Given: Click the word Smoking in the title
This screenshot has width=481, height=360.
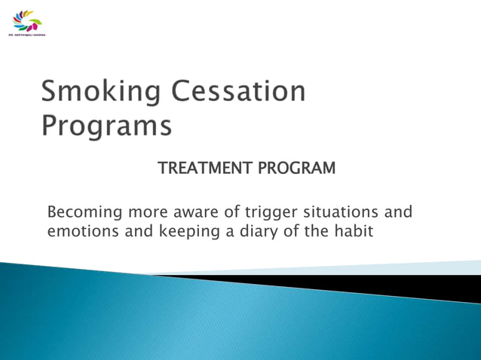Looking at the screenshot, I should click(101, 93).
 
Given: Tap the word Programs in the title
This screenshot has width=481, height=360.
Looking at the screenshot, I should click(106, 125).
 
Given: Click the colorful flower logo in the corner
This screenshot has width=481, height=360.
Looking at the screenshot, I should click(28, 20).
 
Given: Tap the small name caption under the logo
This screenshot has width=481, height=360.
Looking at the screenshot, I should click(26, 35).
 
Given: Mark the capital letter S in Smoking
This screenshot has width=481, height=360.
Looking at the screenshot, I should click(51, 93).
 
